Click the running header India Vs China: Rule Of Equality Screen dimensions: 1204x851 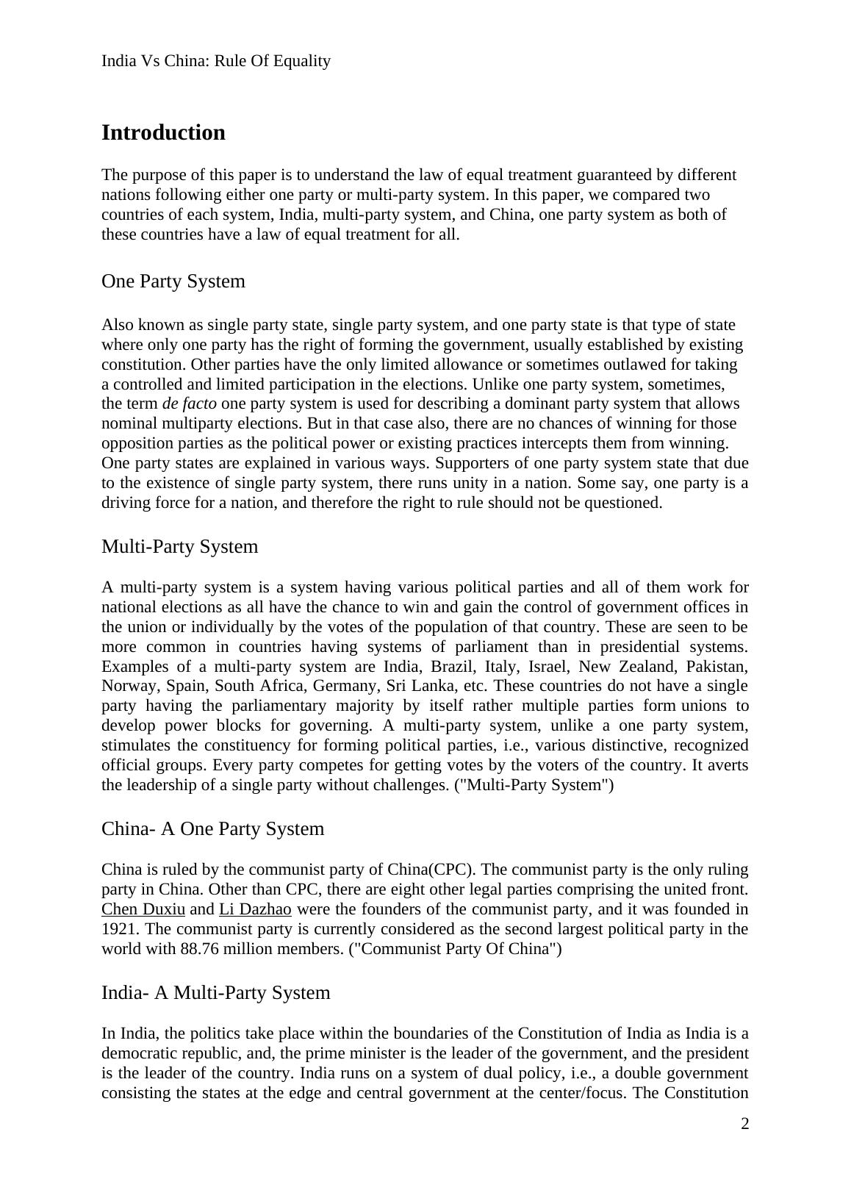216,61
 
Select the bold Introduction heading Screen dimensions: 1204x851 163,133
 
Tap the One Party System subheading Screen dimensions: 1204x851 173,282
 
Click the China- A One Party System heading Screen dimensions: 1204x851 212,829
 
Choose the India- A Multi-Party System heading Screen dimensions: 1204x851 215,993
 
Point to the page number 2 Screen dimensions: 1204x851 744,1124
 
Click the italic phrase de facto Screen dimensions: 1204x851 189,404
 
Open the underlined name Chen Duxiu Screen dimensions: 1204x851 143,909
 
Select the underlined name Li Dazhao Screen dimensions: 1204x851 255,909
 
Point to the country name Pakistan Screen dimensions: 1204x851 717,667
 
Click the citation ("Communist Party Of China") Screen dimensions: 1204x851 455,949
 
